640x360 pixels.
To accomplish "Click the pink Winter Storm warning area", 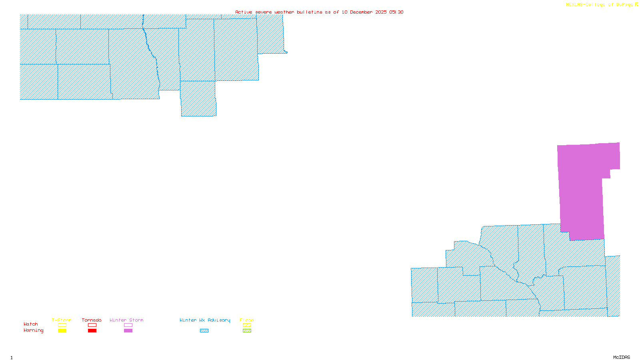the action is click(582, 188).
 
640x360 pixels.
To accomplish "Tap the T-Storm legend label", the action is click(62, 320).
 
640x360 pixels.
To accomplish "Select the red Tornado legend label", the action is click(92, 320).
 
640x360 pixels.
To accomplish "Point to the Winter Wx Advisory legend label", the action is click(205, 320).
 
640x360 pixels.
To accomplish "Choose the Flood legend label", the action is click(247, 320).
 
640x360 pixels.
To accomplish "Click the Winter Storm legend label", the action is click(126, 320).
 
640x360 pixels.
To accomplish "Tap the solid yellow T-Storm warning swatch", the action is click(62, 331).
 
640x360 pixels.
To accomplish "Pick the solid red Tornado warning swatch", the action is click(92, 331).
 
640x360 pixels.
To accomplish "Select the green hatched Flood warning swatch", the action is click(247, 331).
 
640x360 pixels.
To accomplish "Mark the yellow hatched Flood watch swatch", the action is click(247, 325).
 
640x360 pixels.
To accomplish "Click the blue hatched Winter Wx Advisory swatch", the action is click(204, 331).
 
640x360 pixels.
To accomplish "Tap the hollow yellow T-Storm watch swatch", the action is click(62, 325).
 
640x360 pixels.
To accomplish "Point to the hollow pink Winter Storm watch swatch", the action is click(128, 325).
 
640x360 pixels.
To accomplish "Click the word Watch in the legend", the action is click(31, 324).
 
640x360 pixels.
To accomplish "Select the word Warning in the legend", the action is click(33, 330).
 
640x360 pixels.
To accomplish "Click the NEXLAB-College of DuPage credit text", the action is click(600, 5).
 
